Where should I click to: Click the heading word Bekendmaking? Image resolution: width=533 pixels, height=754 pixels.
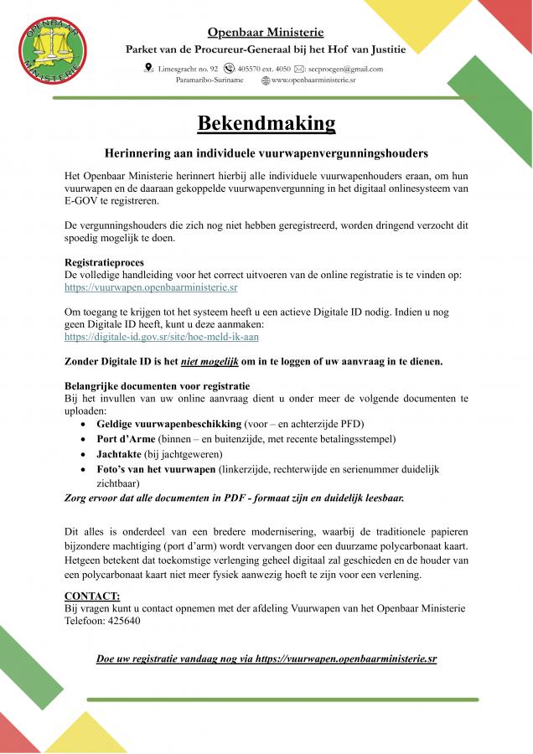266,123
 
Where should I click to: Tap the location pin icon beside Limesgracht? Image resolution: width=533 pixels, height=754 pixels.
148,69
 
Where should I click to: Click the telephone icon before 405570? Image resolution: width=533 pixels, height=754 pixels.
230,69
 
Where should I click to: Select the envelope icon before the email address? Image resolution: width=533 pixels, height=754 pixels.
299,69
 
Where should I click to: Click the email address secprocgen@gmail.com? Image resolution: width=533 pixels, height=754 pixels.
345,69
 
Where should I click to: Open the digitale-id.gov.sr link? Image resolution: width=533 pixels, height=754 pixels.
162,336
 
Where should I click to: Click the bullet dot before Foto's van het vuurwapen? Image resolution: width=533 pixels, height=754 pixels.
84,469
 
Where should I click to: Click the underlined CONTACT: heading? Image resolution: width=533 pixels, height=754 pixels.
91,596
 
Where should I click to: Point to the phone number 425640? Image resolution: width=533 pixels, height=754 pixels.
123,621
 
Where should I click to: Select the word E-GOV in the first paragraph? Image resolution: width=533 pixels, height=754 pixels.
82,201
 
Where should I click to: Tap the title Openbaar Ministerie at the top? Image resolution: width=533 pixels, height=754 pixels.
266,33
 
